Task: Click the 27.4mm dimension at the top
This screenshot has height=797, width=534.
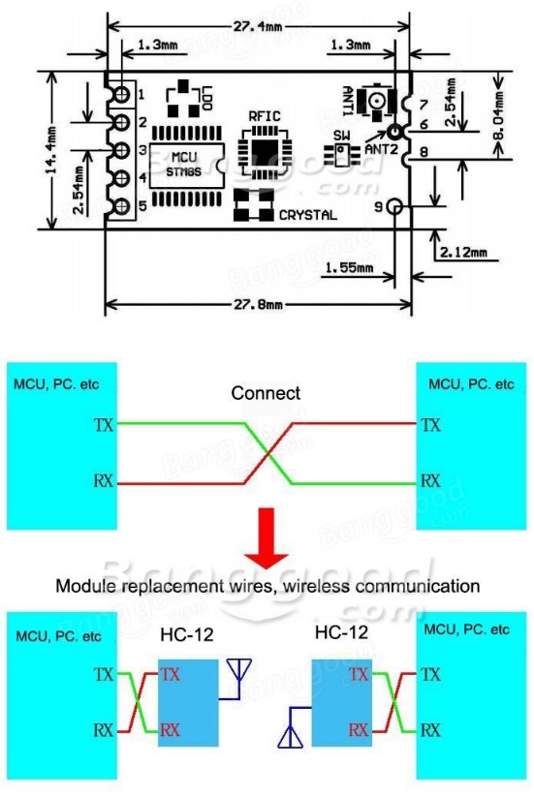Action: pos(258,25)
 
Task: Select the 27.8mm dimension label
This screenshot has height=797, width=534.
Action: pos(258,304)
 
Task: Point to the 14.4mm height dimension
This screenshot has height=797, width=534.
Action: pos(51,150)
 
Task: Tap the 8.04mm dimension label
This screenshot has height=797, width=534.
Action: pos(499,116)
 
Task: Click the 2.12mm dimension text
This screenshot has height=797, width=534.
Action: pos(463,252)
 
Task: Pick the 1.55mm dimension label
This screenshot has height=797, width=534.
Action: pos(348,267)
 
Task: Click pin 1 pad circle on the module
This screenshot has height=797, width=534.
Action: pos(122,94)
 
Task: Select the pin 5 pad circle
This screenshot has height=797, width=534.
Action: pos(122,206)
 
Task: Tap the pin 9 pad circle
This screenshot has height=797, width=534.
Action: pos(394,207)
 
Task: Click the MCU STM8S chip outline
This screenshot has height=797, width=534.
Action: pos(187,166)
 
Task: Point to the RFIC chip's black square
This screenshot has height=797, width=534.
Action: pos(264,150)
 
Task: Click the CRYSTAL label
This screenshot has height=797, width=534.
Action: pos(307,215)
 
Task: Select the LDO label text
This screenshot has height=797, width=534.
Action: pos(207,99)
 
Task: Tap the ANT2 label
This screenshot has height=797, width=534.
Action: pos(382,149)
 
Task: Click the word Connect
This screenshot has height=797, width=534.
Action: pos(266,393)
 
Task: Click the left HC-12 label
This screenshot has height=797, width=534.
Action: pos(187,634)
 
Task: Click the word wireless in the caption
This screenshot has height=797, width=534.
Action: pos(316,586)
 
